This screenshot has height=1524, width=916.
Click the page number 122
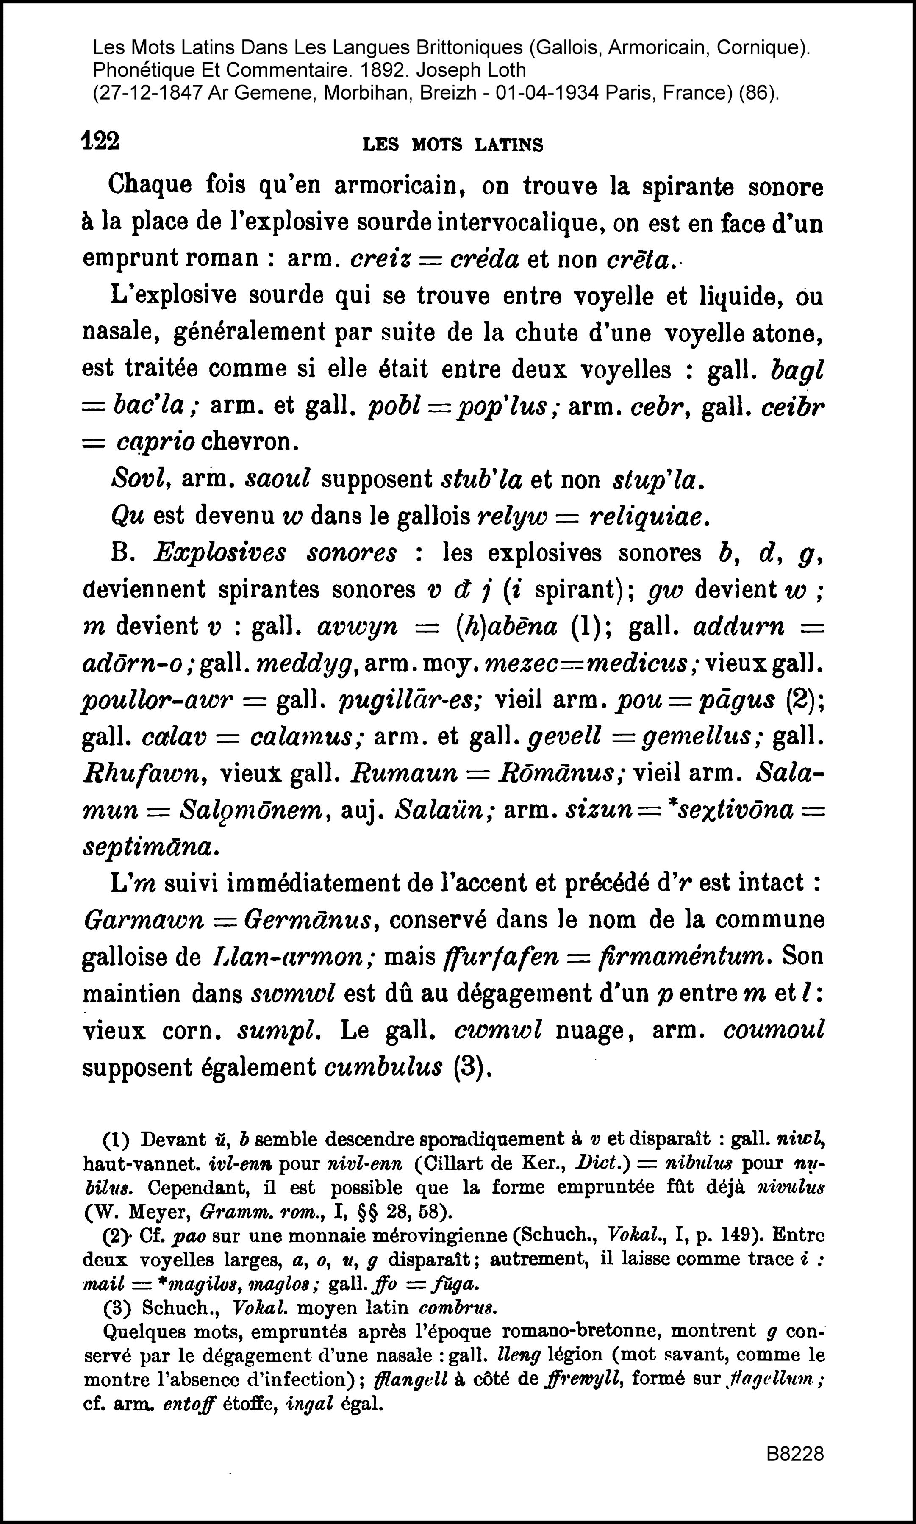(x=100, y=142)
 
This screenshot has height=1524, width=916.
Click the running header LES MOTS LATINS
(x=452, y=145)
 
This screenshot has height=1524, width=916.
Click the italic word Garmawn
(x=143, y=920)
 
